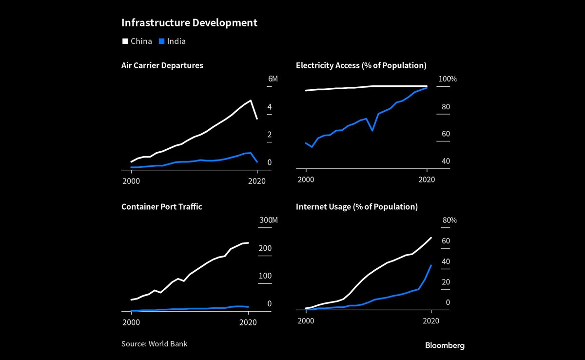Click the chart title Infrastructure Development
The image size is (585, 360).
click(189, 23)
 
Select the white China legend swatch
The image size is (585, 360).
click(125, 41)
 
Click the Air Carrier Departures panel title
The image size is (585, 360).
click(162, 65)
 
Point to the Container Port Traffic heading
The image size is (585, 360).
click(161, 207)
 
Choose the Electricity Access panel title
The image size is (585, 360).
click(361, 65)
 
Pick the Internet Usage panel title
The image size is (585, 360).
click(356, 207)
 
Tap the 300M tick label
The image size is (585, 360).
click(268, 220)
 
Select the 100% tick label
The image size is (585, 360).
click(448, 79)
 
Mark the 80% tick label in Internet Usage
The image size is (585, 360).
click(449, 220)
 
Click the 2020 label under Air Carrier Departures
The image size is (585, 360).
click(256, 180)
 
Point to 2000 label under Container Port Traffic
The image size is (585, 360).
click(131, 321)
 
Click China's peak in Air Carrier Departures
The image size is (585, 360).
click(251, 100)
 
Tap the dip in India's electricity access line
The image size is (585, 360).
click(372, 131)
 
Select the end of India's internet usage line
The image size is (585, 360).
click(431, 265)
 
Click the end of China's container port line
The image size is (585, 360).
click(248, 242)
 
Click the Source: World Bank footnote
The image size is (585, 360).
click(154, 344)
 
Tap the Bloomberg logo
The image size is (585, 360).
click(445, 345)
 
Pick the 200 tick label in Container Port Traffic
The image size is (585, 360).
click(265, 248)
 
